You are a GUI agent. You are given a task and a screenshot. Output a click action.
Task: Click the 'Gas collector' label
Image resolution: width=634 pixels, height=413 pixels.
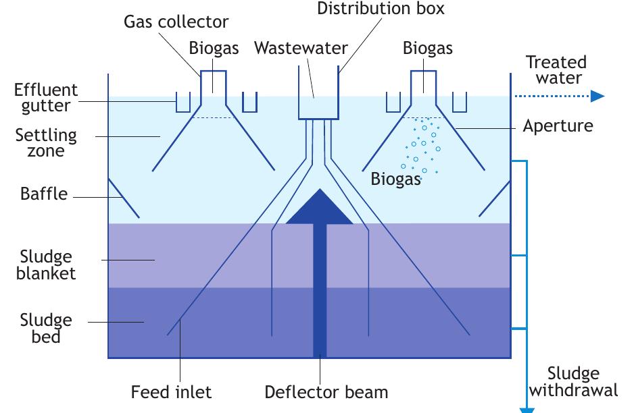(176, 21)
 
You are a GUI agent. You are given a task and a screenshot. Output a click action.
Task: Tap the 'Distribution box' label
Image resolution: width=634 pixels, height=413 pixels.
(381, 9)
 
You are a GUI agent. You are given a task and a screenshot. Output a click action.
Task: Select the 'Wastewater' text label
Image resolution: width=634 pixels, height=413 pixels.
(301, 48)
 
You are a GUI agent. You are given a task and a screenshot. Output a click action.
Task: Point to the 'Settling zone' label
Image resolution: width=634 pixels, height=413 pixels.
(46, 142)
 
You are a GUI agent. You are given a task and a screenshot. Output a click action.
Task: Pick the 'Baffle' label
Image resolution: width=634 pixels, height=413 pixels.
(44, 194)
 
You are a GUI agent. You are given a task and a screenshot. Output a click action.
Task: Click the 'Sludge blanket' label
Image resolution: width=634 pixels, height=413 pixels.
(46, 265)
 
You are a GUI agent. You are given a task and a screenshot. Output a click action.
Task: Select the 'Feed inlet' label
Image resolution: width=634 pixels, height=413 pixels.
(171, 392)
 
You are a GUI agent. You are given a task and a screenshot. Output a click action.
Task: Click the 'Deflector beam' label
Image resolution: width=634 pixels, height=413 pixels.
(326, 392)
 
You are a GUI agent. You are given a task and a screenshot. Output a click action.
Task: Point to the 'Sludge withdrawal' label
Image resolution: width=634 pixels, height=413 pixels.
(573, 382)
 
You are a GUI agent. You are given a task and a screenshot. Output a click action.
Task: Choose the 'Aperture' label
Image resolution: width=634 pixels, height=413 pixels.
(558, 126)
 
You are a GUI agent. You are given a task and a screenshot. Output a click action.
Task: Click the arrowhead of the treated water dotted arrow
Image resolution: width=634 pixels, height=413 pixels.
(596, 96)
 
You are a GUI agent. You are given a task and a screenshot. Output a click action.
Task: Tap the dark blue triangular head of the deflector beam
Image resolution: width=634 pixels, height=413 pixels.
(320, 209)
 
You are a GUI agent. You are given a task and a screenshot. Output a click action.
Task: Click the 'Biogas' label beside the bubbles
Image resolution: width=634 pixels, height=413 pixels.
(396, 180)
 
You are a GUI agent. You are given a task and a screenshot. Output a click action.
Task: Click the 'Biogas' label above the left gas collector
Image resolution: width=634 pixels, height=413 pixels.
(214, 48)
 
